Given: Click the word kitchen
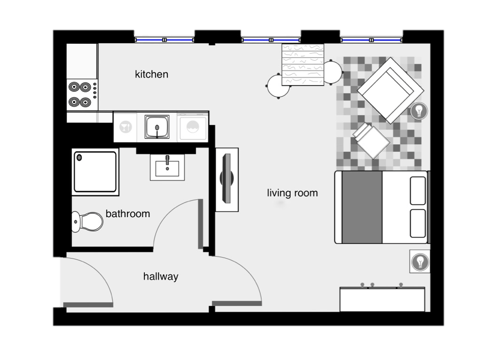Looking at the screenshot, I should pos(151,74).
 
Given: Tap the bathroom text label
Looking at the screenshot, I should pos(128,214).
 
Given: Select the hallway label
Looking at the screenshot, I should pos(161,277).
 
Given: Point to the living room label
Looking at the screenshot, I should pos(292,193).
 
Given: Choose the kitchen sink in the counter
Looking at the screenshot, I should pos(158,126).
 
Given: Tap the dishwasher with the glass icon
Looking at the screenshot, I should pos(125,126).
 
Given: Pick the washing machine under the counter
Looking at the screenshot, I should pos(193,126).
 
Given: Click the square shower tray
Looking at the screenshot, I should pos(96,171).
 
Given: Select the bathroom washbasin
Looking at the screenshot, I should pos(167,166).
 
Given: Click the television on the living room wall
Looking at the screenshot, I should pos(227,179).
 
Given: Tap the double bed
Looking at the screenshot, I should pos(381,207).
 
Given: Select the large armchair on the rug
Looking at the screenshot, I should pos(391,90).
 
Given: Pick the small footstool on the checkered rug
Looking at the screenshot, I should pos(372,140).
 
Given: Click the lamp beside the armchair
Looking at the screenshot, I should pos(419,110).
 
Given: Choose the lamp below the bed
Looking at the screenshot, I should pos(420,262).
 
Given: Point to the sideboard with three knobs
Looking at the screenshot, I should pos(382,298).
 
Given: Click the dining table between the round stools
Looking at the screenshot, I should pos(303,64).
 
